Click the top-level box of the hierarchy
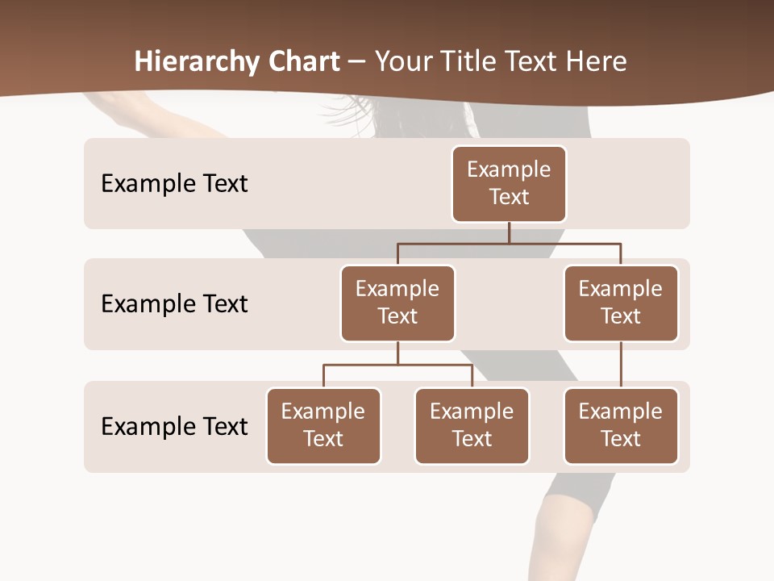pos(509,184)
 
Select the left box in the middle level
pos(397,303)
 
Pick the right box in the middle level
pos(621,303)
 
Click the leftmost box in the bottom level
pos(323,426)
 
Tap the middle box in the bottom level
pos(472,426)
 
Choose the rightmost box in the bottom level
pos(621,426)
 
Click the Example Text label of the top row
pos(174,184)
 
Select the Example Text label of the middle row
pos(174,304)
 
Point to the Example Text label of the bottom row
pos(174,426)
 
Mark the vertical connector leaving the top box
pos(509,232)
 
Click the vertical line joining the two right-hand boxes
pos(621,365)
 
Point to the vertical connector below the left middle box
pos(397,353)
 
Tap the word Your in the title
pos(401,62)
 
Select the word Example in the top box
pos(509,169)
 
